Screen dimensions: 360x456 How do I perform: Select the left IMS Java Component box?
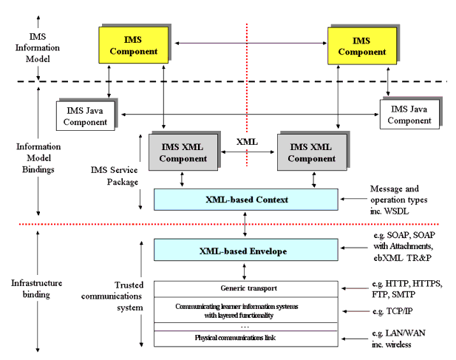[x=85, y=115]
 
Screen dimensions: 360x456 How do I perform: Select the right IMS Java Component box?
[x=410, y=115]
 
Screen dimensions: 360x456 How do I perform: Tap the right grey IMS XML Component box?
[x=306, y=151]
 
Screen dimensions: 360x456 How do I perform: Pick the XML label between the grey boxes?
[x=247, y=140]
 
